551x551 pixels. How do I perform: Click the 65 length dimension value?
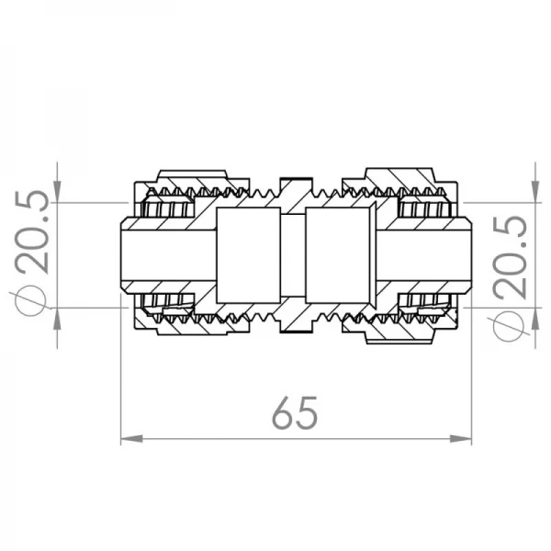(295, 413)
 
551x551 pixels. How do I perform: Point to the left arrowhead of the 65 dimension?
(129, 440)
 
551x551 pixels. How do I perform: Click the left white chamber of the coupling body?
(247, 254)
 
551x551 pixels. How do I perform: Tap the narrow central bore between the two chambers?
(294, 254)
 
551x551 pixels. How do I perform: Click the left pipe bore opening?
(165, 254)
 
